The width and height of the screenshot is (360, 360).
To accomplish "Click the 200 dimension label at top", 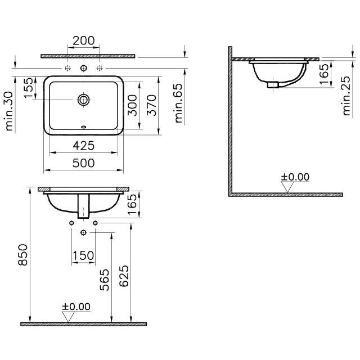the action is coord(84,40).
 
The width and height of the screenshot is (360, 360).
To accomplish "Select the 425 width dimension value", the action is coord(84,146).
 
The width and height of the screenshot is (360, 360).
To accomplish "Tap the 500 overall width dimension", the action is coord(84,163).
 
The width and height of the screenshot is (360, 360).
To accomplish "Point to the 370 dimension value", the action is coord(151,105).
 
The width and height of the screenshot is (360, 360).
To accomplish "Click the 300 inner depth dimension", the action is coord(132,105).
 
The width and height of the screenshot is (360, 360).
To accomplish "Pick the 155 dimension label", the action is coord(29,88).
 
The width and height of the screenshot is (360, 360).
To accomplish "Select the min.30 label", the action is coord(8,111).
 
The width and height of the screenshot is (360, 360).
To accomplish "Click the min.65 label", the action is coord(178,103).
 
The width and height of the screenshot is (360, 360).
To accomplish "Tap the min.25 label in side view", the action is coord(346,96).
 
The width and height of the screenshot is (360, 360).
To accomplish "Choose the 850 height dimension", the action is coord(22,255).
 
